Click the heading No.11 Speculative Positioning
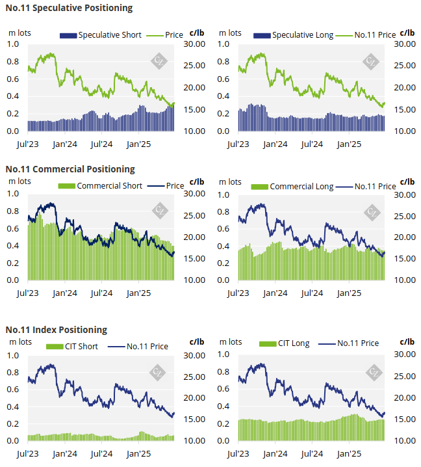pyautogui.click(x=69, y=8)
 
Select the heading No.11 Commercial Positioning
pyautogui.click(x=70, y=169)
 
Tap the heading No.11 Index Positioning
pyautogui.click(x=57, y=330)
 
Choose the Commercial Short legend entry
pyautogui.click(x=102, y=185)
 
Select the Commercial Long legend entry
pyautogui.click(x=293, y=186)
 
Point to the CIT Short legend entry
pyautogui.click(x=73, y=346)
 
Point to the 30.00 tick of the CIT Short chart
pyautogui.click(x=196, y=355)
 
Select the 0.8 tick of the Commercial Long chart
pyautogui.click(x=224, y=211)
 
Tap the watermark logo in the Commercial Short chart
pyautogui.click(x=159, y=210)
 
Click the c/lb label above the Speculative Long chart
pyautogui.click(x=407, y=32)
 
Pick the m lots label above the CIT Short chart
pyautogui.click(x=19, y=341)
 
